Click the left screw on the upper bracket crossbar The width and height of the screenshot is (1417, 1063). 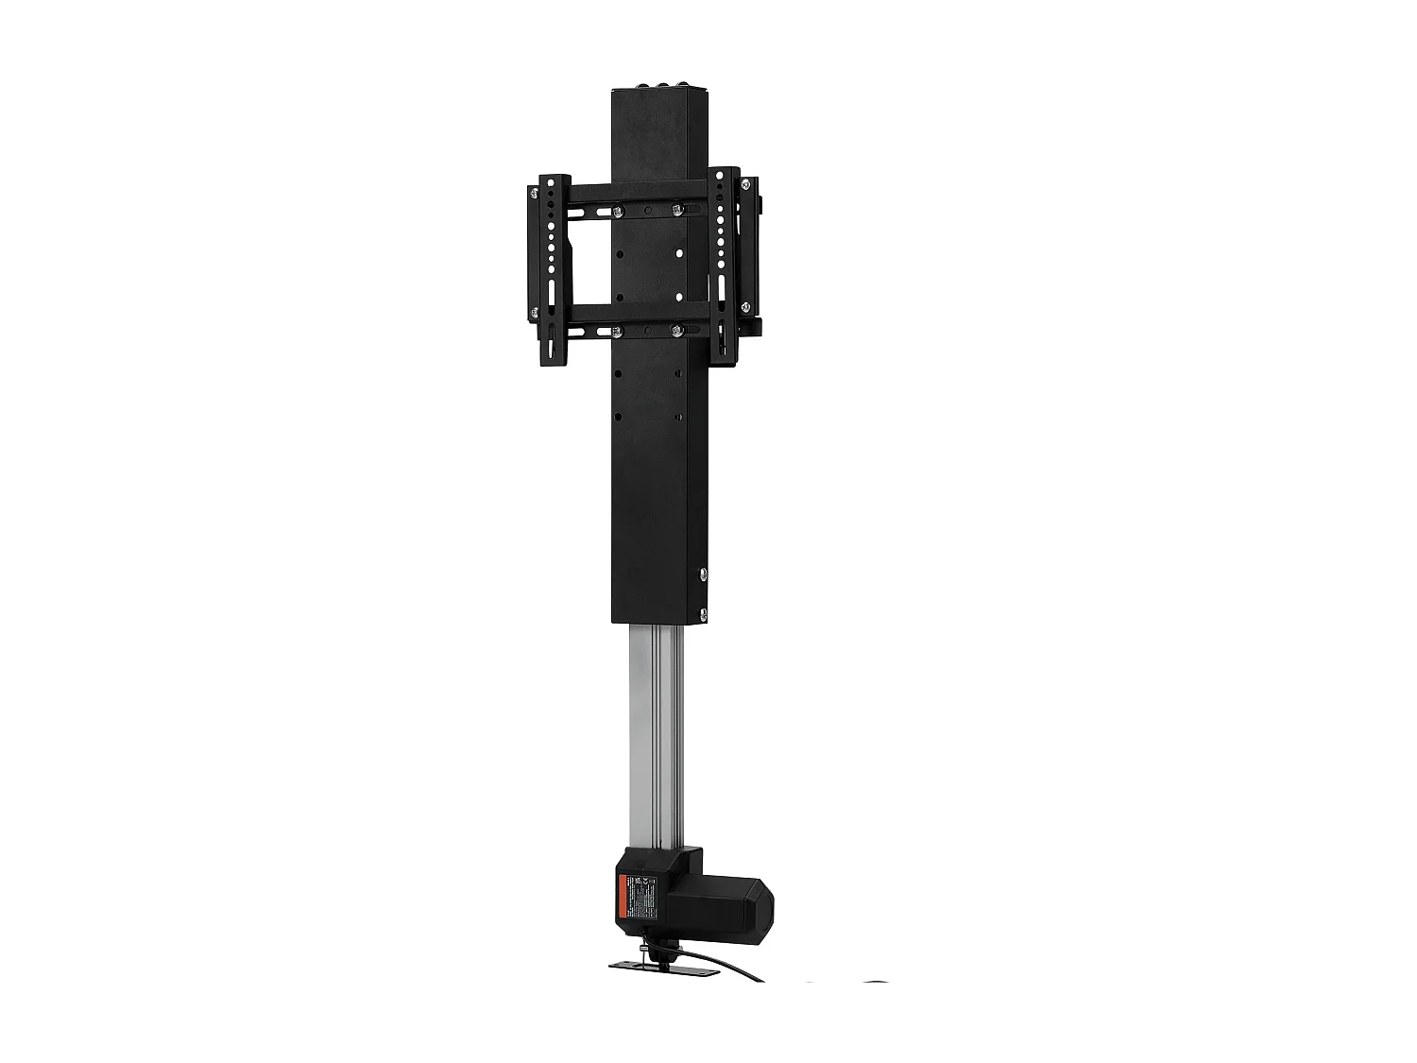[x=618, y=210]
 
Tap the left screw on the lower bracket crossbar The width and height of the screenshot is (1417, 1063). [x=618, y=331]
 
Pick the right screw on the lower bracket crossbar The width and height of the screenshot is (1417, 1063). [x=675, y=330]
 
